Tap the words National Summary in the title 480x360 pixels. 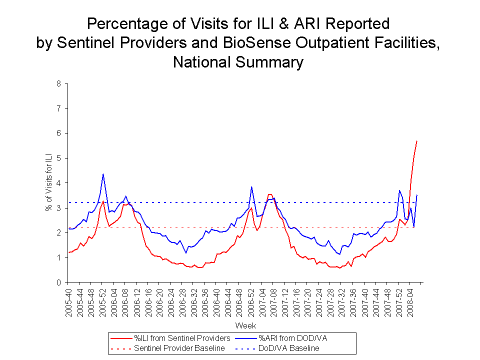[238, 62]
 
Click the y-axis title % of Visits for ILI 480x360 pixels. [48, 183]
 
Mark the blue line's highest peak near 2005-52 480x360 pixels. [103, 174]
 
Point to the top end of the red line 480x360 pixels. [416, 141]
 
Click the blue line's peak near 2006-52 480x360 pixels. [251, 187]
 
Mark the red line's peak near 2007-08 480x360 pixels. [270, 194]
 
